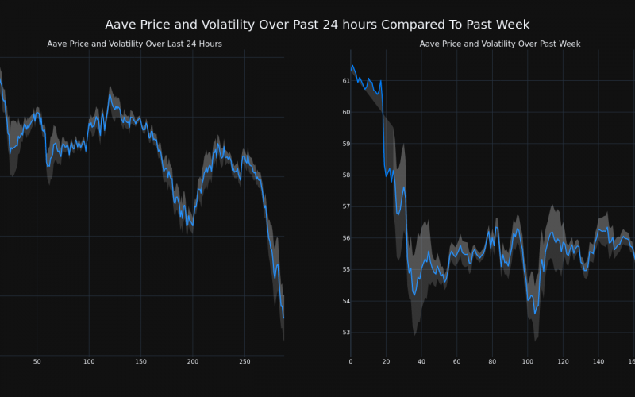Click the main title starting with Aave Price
(x=317, y=25)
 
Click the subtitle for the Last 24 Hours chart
(x=135, y=44)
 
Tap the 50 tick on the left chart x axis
(x=37, y=362)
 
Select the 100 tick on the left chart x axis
(x=88, y=362)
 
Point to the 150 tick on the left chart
(x=140, y=362)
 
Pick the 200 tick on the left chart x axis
(x=193, y=362)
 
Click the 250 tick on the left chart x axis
(x=244, y=362)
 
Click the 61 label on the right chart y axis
(x=346, y=81)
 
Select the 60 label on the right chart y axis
(x=346, y=112)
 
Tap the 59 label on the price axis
(x=346, y=144)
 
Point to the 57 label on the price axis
(x=346, y=206)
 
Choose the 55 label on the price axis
(x=346, y=270)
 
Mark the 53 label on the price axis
(x=346, y=333)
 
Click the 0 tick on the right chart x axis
(x=351, y=362)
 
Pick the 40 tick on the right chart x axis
(x=421, y=362)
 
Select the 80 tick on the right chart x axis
(x=492, y=362)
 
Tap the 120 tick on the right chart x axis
(x=563, y=362)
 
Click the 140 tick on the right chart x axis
(x=598, y=362)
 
